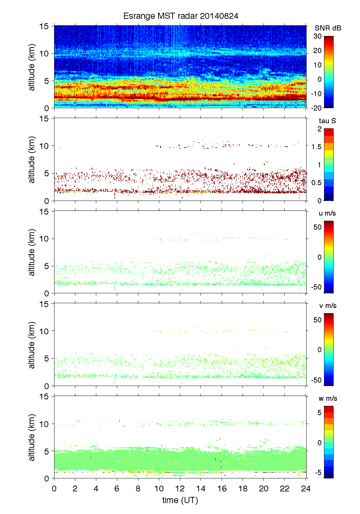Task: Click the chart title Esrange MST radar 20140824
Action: (181, 16)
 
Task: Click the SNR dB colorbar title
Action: (328, 28)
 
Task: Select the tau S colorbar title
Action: (327, 121)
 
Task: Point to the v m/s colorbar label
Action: (327, 306)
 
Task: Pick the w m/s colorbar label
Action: (327, 398)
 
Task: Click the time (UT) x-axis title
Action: (180, 500)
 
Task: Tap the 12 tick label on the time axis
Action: (180, 489)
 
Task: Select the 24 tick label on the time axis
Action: (306, 489)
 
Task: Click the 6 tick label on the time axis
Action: (117, 489)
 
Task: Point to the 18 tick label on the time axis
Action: (243, 489)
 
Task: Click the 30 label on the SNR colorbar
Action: (318, 36)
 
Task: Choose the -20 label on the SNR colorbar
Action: (316, 108)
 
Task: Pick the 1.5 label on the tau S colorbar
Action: (316, 147)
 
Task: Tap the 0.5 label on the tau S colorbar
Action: (316, 183)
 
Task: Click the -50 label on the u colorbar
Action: (316, 287)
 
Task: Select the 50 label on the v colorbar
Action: (318, 320)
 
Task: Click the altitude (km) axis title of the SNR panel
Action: (32, 67)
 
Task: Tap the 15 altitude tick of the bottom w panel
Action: (45, 397)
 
